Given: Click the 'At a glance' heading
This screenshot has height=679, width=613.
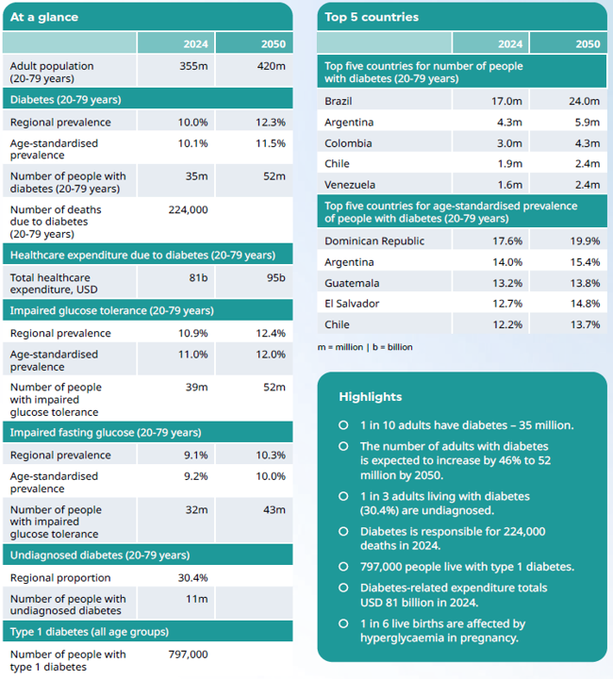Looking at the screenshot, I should pos(44,17).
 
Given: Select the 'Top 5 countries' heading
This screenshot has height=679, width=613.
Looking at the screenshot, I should pos(372,17).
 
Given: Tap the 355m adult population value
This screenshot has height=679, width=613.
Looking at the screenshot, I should pos(193,66).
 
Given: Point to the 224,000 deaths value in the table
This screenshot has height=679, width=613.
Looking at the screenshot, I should pos(188,210).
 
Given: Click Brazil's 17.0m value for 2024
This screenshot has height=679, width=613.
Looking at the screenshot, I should pos(506,101).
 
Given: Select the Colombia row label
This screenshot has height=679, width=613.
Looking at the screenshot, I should pos(348,143).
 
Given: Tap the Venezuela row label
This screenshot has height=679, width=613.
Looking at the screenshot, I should pos(350,185).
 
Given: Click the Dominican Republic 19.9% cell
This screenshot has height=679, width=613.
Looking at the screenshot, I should pos(585,241).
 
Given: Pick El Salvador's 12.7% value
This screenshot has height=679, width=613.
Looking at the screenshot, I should pos(506,304).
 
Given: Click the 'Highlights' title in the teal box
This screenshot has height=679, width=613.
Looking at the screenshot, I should pos(370,397).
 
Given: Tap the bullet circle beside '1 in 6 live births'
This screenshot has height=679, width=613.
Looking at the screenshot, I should pos(343,623).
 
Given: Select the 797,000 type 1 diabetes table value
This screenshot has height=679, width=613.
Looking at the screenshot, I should pos(188,654).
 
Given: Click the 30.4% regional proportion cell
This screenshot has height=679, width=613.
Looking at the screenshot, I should pos(192,578).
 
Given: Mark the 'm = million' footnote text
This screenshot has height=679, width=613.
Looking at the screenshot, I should pos(342,347).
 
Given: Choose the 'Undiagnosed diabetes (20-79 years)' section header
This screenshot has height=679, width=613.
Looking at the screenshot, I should pos(100,555).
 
